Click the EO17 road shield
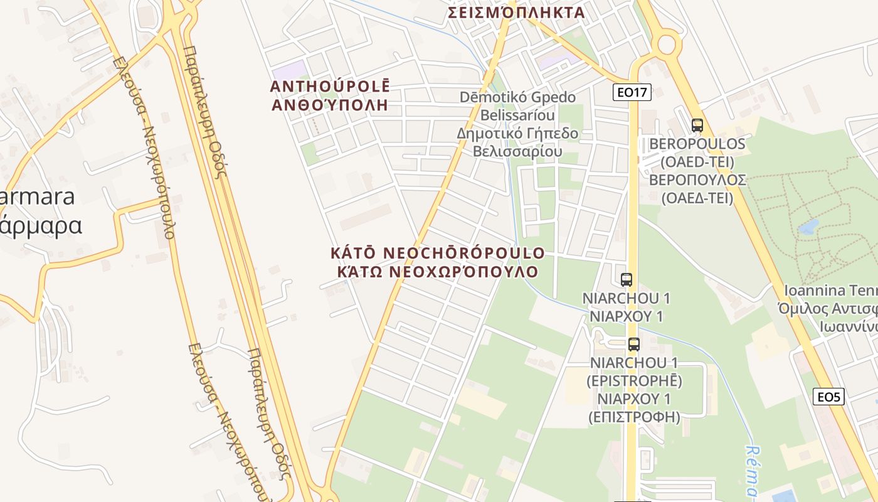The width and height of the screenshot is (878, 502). pos(632,93)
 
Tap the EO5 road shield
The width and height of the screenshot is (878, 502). pos(829,397)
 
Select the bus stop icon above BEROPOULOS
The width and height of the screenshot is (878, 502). pos(697,125)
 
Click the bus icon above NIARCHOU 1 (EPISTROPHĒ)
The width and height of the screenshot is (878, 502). pos(634,344)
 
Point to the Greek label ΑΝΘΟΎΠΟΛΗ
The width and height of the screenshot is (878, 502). pos(330,105)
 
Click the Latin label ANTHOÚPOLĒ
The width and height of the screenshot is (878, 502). pos(330,87)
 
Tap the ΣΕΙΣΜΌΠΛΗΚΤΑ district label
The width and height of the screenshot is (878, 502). pos(516,13)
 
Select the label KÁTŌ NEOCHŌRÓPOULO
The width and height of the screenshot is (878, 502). pos(438,253)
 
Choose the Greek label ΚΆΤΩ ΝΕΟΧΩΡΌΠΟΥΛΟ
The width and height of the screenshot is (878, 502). pos(438,272)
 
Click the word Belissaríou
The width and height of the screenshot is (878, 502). pos(517,115)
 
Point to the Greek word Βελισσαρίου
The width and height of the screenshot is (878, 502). pos(517,152)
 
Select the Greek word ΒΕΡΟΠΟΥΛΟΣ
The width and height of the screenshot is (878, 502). pos(697,180)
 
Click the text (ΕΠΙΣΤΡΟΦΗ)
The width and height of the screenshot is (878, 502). pos(634,416)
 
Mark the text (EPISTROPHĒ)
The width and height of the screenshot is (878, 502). pos(634,380)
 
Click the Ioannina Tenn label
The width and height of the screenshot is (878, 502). pos(830,291)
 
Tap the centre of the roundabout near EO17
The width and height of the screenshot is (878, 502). pos(666,45)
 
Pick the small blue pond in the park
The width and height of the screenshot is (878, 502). pos(808,227)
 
